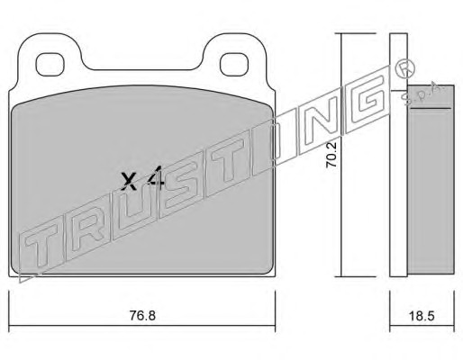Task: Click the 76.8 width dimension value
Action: click(142, 315)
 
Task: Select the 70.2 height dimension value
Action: click(331, 155)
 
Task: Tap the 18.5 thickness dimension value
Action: click(422, 316)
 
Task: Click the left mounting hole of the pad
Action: click(50, 64)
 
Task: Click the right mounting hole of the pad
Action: click(234, 64)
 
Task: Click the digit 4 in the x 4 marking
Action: click(156, 178)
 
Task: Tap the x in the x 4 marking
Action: click(129, 182)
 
